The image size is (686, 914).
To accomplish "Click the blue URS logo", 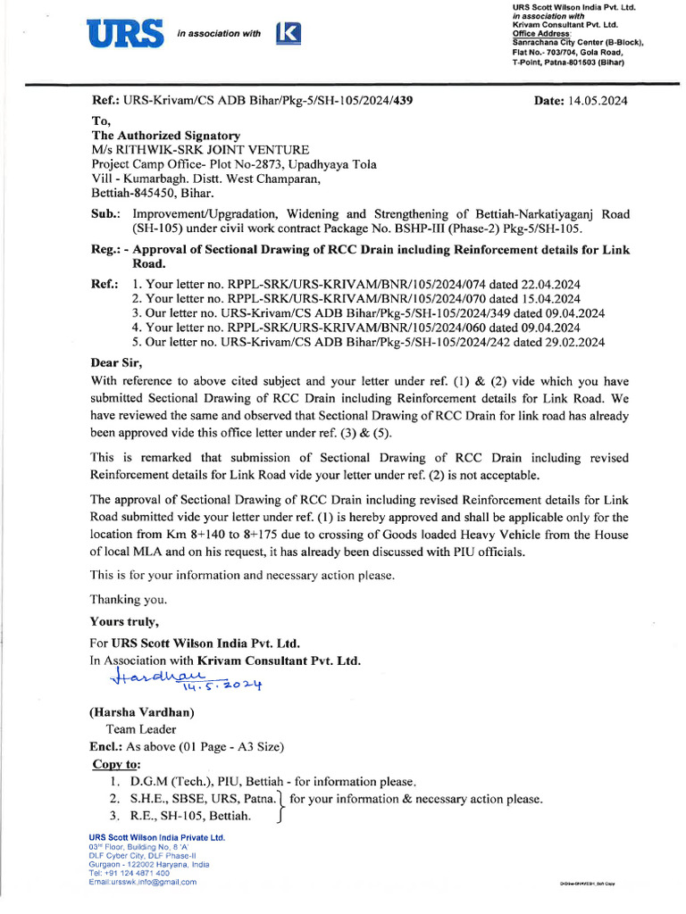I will coord(126,34).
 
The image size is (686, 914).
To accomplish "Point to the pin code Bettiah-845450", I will coord(153,192).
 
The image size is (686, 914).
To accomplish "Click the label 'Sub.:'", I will coord(107,214).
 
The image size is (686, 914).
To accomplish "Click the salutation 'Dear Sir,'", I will coord(116,363).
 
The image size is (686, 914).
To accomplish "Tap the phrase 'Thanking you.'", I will coord(129,599).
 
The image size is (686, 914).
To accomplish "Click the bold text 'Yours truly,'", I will coord(125,621).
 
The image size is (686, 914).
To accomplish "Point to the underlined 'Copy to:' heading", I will coord(117,764).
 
